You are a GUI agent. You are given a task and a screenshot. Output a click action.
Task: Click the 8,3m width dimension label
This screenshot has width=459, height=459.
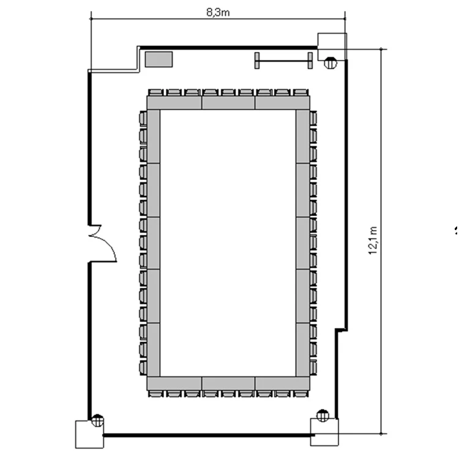pos(218,13)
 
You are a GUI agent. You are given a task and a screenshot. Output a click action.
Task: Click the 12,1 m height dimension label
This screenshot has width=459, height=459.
pos(373,241)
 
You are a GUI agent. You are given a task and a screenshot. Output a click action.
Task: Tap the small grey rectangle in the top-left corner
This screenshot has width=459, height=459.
pos(159,59)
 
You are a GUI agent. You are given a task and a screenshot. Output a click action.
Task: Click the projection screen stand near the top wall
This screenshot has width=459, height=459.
pos(283,61)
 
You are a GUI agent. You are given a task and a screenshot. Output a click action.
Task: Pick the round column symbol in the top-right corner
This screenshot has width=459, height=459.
pos(330,63)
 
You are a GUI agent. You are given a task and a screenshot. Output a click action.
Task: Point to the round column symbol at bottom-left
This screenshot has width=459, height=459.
pos(97,420)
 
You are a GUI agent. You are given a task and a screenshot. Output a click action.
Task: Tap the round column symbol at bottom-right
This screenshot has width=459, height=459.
pos(323,416)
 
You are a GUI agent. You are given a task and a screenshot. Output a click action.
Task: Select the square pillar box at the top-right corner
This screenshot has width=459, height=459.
pos(332,47)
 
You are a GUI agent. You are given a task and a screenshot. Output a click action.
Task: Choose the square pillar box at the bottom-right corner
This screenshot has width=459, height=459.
pos(324,432)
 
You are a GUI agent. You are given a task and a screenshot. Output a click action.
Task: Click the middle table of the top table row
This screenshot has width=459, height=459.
pos(228,103)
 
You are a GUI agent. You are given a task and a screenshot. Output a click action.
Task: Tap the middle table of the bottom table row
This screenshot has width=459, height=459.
pos(228,384)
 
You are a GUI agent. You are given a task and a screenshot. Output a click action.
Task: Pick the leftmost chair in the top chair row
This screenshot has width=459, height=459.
pos(155,92)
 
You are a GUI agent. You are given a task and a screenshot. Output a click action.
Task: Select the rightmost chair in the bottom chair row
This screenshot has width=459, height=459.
pos(300,394)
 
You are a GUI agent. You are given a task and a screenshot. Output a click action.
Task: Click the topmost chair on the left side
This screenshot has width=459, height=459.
pos(143,118)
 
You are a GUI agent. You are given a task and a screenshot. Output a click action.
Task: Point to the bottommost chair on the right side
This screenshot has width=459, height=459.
pos(313,368)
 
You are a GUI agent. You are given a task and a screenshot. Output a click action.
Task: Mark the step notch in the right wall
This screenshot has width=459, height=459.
pos(341,330)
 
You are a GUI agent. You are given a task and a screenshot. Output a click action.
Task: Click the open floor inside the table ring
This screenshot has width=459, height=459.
pos(228,243)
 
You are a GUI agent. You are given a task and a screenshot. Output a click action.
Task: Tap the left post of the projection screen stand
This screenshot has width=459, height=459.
pos(256,61)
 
